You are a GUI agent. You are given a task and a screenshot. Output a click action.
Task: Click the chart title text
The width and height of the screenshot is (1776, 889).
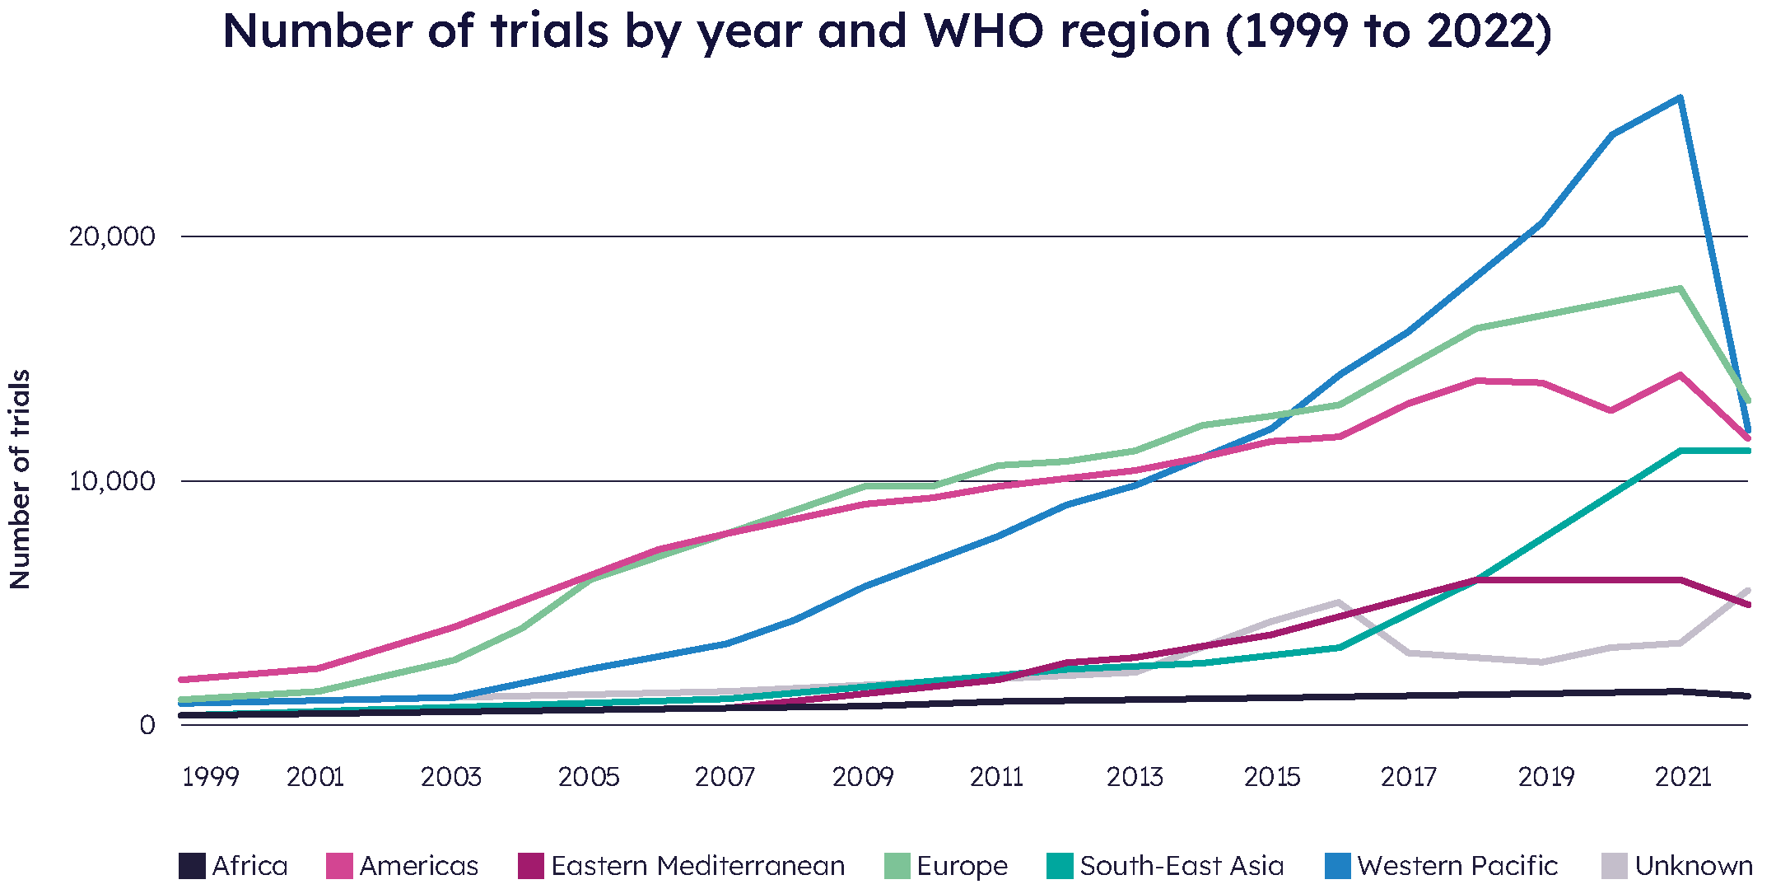coord(887,31)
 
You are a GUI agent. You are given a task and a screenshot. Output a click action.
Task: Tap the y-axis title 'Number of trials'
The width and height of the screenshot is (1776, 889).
coord(20,479)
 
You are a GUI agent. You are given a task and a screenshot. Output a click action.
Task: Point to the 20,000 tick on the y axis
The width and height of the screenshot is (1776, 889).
coord(112,236)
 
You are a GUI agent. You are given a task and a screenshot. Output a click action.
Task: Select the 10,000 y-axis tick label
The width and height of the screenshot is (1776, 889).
coord(112,481)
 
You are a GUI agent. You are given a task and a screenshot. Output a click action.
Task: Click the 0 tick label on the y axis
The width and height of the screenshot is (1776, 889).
coord(147,725)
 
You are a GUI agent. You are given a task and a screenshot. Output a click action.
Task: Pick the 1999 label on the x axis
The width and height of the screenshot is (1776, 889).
coord(210,777)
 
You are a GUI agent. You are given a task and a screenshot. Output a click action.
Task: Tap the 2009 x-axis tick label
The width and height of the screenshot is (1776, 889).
coord(862,777)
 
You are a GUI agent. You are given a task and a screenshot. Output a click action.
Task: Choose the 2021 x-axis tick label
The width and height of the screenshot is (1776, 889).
coord(1682,777)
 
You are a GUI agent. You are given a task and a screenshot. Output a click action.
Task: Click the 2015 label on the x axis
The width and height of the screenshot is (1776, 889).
coord(1271,777)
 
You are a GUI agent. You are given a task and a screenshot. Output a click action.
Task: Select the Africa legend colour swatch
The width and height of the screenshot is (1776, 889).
coord(192,866)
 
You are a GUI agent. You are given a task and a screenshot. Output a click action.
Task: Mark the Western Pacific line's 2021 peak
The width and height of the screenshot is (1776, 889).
coord(1680,98)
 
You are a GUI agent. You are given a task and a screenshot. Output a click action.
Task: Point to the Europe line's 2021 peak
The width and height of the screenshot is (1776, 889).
coord(1680,288)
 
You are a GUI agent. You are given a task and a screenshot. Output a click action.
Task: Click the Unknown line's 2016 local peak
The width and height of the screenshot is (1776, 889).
coord(1339,602)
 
